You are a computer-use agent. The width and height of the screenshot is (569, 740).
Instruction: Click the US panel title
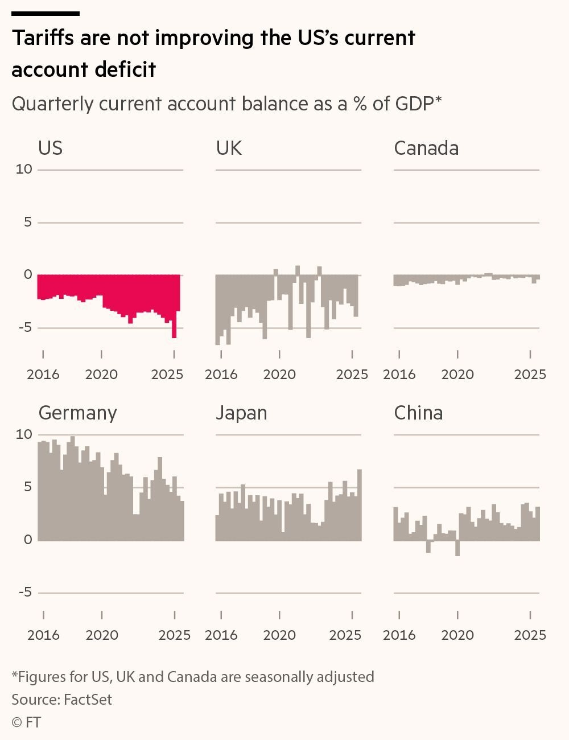pos(50,148)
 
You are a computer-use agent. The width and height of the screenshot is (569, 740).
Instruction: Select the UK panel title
pos(229,148)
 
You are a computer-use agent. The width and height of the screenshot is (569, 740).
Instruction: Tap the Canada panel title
pos(426,148)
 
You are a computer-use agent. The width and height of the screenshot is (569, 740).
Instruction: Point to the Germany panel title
pos(77,413)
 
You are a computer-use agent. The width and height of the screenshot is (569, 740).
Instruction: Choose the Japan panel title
pos(241,413)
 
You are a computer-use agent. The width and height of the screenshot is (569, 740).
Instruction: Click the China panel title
pos(418,413)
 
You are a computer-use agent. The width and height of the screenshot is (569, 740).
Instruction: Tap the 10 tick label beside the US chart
pos(24,170)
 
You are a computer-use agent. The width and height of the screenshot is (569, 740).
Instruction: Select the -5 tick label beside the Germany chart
pos(25,593)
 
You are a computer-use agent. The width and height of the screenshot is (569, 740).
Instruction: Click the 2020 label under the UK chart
pos(279,375)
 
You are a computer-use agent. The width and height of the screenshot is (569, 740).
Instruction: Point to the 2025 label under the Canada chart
pos(530,375)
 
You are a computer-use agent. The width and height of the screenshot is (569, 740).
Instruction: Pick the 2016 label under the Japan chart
pos(221,635)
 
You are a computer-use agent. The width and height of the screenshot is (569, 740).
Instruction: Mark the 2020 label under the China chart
pos(457,635)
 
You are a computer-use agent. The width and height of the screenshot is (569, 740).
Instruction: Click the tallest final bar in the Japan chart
pos(359,504)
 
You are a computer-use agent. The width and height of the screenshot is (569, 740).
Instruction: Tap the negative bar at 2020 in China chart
pos(457,548)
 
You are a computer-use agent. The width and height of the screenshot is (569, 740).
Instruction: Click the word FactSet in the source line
pos(88,700)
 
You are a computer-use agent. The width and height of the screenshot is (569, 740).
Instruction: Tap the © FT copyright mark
pos(26,722)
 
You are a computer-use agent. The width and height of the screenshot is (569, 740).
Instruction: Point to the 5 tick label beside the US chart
pos(28,223)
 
